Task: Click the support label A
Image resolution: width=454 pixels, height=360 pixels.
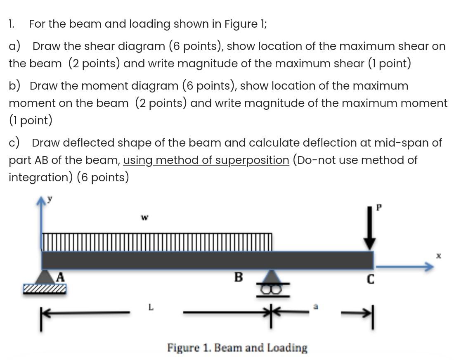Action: (60, 277)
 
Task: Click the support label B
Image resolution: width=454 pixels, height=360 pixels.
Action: (239, 277)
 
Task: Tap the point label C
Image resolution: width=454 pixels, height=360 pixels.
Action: (370, 280)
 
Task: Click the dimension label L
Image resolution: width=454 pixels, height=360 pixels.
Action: (151, 307)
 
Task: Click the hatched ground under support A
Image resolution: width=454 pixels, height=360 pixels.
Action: (45, 289)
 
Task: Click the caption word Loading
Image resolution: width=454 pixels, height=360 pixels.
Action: (287, 348)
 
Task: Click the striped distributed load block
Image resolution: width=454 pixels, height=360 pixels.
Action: (157, 242)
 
